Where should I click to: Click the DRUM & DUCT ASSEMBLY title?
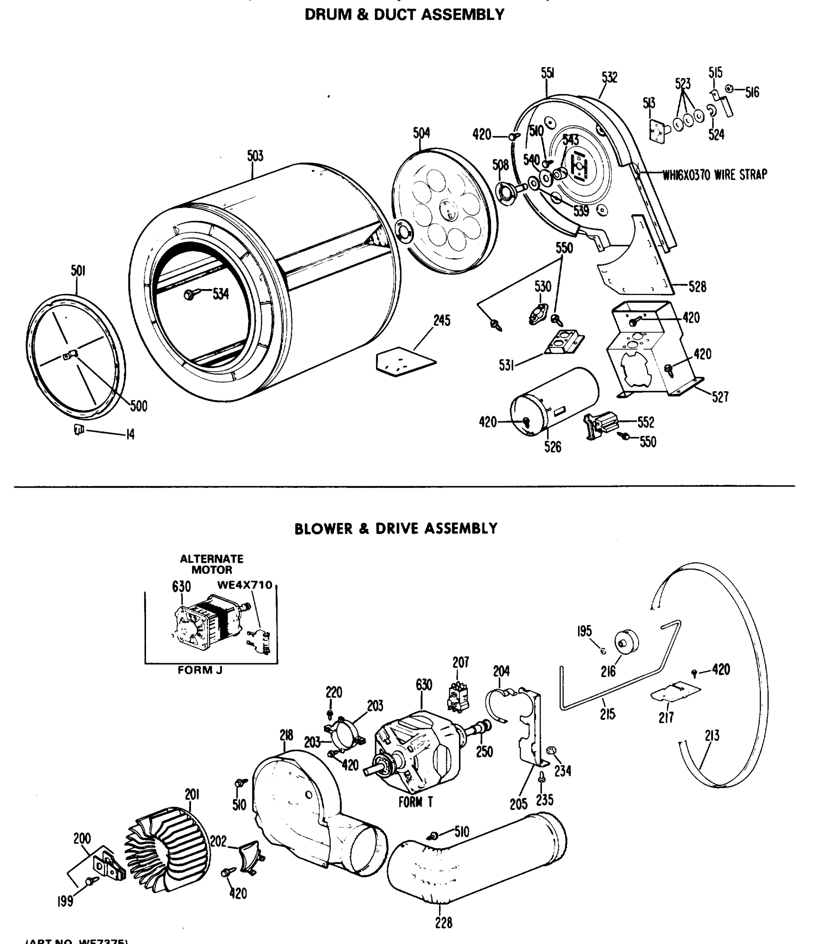pyautogui.click(x=404, y=15)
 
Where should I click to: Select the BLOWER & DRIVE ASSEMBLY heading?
pyautogui.click(x=396, y=529)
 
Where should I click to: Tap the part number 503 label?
pyautogui.click(x=255, y=156)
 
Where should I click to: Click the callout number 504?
pyautogui.click(x=421, y=133)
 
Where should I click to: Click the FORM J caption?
pyautogui.click(x=200, y=670)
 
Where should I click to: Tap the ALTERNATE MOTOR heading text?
pyautogui.click(x=212, y=564)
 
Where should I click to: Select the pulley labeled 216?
pyautogui.click(x=626, y=642)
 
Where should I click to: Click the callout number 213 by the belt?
pyautogui.click(x=712, y=735)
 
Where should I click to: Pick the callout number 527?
pyautogui.click(x=720, y=397)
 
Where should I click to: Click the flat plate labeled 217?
pyautogui.click(x=675, y=691)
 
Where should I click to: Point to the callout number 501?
pyautogui.click(x=78, y=271)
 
